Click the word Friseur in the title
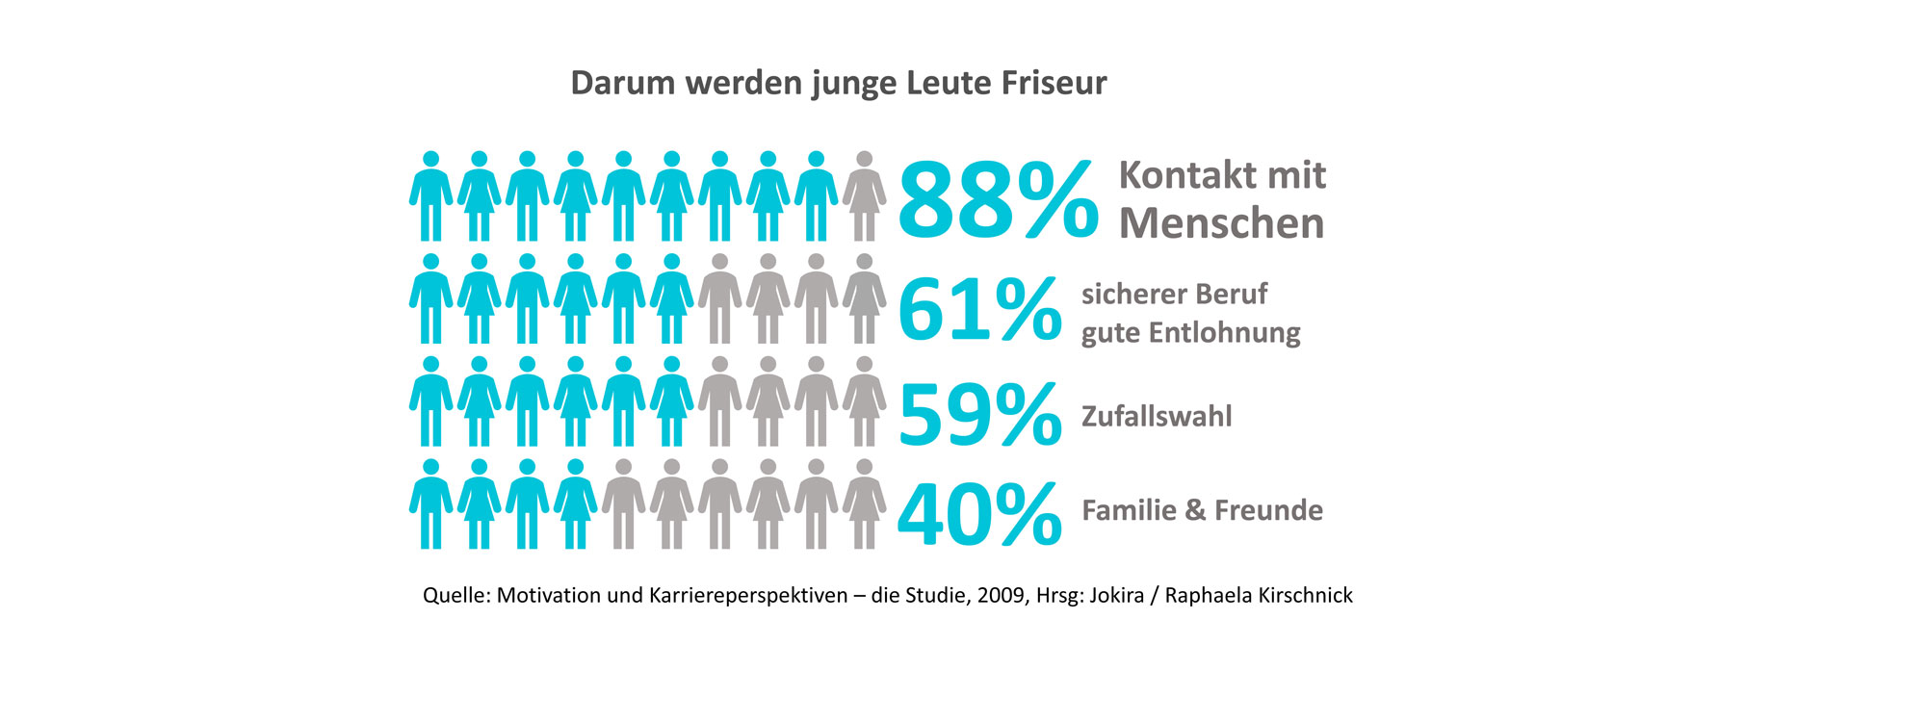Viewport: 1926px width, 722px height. [x=1054, y=83]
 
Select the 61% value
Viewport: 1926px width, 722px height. [x=978, y=309]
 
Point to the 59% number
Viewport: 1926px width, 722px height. [x=978, y=415]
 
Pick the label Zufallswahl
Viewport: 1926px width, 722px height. [x=1157, y=417]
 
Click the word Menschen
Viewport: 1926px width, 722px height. [x=1221, y=223]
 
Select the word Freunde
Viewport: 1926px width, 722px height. [x=1268, y=510]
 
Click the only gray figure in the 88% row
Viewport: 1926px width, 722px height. [x=864, y=196]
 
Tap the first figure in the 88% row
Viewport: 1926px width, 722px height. [x=430, y=196]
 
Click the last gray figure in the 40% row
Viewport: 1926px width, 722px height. [x=864, y=504]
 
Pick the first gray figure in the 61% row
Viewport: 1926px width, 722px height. [x=719, y=299]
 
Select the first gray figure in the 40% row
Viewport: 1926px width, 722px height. [x=623, y=504]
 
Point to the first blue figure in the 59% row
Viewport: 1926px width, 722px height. [x=430, y=401]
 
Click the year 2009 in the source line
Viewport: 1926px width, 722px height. [x=1001, y=595]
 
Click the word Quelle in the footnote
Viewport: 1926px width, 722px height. [x=456, y=595]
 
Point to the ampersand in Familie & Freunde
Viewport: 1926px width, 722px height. [x=1195, y=510]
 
